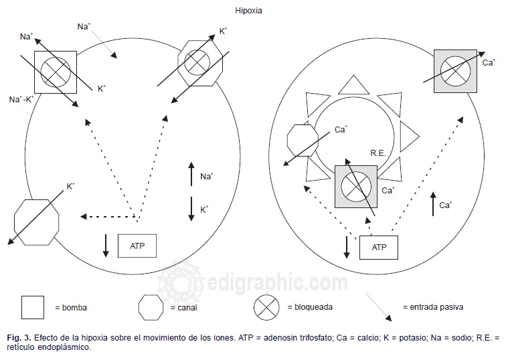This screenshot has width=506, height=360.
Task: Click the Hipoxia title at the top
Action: point(249,11)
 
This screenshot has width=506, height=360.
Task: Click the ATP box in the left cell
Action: point(137,246)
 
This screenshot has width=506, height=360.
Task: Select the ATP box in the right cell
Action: point(379,247)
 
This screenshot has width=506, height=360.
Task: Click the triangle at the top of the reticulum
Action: point(353,85)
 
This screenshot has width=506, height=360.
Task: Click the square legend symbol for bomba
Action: point(33,307)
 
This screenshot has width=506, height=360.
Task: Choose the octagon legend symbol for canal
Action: point(150,307)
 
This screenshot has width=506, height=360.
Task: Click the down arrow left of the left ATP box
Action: point(106,245)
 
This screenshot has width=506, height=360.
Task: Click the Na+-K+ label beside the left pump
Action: point(21,98)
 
